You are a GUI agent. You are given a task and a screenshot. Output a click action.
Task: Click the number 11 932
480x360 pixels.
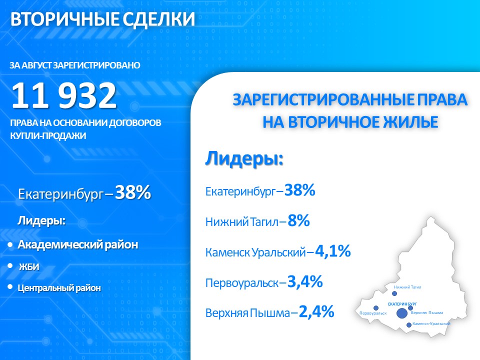point(64,95)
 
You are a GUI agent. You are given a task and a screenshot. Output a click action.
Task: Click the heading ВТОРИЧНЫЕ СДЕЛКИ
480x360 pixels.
point(102,19)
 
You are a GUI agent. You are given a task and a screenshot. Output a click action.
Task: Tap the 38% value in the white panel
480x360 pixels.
point(299,190)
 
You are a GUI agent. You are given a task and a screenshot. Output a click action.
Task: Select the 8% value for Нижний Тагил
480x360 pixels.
point(298,220)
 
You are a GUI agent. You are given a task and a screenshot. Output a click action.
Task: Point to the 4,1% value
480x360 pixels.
point(333,251)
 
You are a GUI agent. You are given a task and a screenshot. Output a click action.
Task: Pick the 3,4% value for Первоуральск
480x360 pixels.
point(305,281)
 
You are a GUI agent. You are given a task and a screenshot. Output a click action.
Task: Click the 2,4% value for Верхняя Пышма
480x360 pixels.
point(316,312)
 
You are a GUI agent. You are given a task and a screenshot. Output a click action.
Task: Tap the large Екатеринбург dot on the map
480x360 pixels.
point(402,313)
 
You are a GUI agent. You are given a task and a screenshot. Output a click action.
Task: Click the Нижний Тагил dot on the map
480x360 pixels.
point(394,293)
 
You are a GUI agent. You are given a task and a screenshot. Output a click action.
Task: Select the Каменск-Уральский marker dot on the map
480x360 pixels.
point(409,325)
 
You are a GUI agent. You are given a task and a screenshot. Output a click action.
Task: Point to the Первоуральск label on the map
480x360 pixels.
point(373,313)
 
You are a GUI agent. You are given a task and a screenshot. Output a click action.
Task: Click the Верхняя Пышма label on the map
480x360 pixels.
point(427,312)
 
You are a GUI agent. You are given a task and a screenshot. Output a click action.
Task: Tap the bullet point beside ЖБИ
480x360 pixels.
point(10,265)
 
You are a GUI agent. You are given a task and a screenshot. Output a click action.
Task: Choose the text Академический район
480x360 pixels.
point(78,244)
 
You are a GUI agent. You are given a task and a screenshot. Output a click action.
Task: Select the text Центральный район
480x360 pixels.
point(59,288)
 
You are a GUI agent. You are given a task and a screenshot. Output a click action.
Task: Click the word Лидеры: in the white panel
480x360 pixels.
point(244,159)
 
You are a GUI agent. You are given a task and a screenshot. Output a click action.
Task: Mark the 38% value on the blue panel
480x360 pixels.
point(133,192)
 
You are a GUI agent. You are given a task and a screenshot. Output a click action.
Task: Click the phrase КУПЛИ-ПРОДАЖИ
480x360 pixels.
point(48,136)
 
